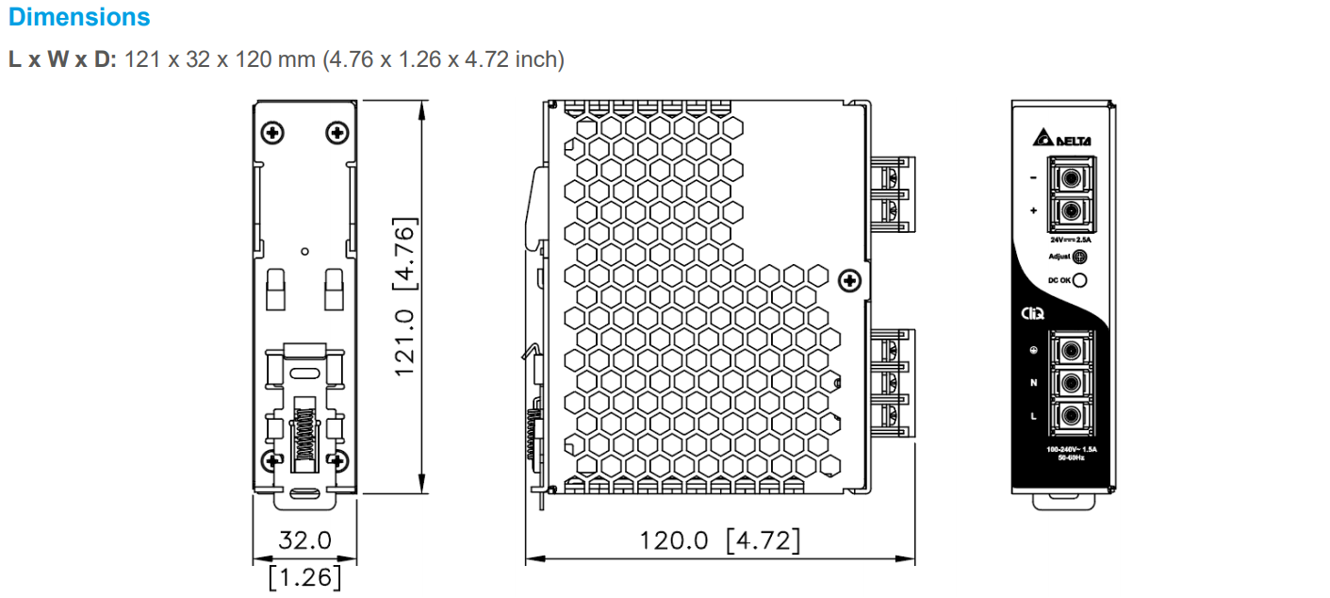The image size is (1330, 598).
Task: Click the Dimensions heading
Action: [79, 17]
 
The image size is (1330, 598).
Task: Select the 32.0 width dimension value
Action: [304, 540]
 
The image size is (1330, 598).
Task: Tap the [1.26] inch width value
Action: [304, 575]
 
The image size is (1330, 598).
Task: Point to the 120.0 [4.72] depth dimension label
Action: [720, 540]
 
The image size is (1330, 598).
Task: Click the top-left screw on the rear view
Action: [273, 132]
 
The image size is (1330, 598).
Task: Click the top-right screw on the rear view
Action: [337, 132]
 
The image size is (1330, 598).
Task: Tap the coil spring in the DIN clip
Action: [304, 433]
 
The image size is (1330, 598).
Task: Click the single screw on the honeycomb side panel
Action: [848, 280]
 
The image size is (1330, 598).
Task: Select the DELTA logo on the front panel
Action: [1062, 140]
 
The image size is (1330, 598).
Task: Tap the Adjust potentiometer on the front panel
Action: [1080, 257]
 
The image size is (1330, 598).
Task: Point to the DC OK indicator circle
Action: [1080, 279]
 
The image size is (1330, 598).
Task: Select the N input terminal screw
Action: [1069, 383]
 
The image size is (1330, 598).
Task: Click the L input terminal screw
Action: [1069, 416]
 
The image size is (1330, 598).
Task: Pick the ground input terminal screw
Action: [1069, 350]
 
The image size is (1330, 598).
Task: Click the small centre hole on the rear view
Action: [304, 251]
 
